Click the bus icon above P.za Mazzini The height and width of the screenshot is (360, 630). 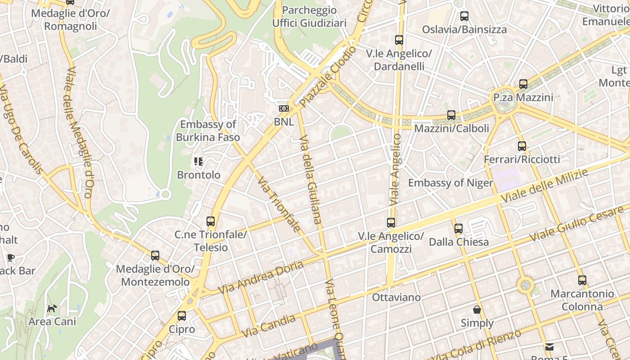(523, 84)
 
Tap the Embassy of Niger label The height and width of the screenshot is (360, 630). (450, 183)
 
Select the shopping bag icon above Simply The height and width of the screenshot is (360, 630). (477, 310)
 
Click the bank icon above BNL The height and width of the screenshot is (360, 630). (283, 108)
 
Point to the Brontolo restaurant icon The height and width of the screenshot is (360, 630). (198, 162)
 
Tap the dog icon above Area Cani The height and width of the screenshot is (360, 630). (52, 308)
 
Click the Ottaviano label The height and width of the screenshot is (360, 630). (396, 297)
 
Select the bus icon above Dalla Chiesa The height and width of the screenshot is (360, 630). (459, 229)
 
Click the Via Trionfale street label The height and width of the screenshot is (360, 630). (279, 204)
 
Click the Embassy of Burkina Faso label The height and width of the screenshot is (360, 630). (208, 130)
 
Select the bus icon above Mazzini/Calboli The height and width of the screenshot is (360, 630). (451, 115)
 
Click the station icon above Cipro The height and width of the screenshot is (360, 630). (182, 316)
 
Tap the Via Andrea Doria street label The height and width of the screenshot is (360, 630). (261, 278)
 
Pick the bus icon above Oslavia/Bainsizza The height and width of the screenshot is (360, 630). (464, 17)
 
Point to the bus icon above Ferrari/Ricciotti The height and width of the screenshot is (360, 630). (522, 146)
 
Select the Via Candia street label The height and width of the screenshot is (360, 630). (268, 326)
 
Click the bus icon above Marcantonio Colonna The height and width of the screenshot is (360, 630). (582, 280)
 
